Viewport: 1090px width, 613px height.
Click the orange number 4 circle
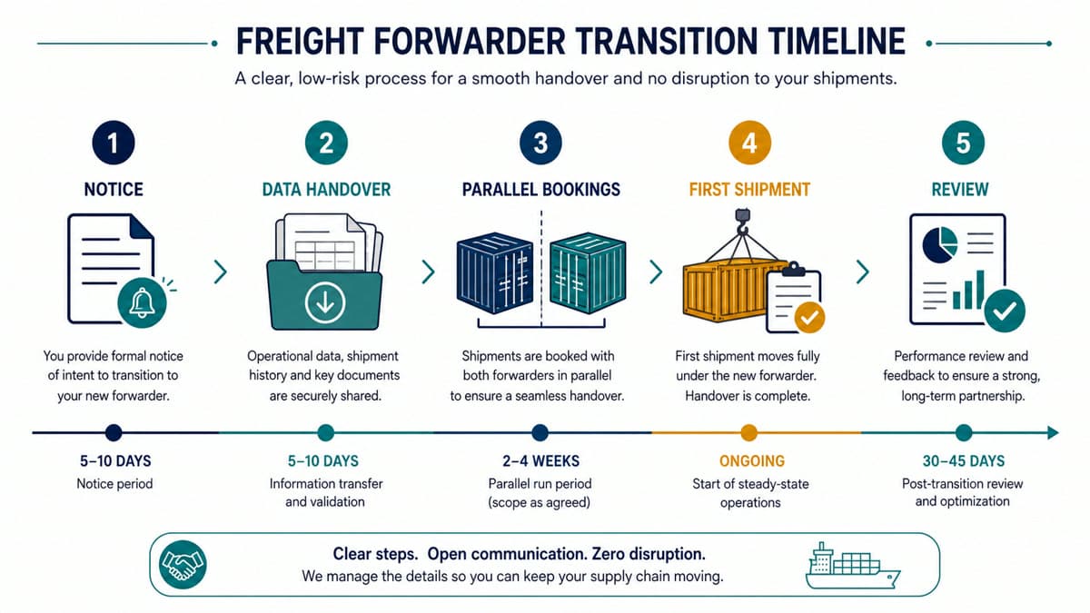coord(749,143)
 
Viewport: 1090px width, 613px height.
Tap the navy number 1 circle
coord(114,143)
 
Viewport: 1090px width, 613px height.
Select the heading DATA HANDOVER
coord(326,189)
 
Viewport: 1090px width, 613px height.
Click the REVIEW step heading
coord(960,189)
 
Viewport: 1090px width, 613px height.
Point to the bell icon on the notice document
coord(142,302)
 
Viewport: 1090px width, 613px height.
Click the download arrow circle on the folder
coord(325,302)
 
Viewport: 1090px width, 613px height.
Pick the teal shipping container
coord(588,272)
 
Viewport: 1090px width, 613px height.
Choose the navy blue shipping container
coord(495,272)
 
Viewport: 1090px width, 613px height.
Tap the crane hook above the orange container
coord(743,222)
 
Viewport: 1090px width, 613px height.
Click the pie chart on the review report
coord(939,244)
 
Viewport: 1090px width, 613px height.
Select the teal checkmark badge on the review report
coord(1005,311)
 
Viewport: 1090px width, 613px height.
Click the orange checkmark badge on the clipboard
coord(809,318)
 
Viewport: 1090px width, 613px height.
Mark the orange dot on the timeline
coord(748,432)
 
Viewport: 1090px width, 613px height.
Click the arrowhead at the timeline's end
coord(1053,432)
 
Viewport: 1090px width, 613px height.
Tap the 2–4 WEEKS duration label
coord(540,460)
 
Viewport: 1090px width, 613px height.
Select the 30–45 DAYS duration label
coord(964,460)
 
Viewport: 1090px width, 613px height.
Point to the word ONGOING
coord(752,460)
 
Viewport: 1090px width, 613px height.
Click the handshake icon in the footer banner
coord(183,565)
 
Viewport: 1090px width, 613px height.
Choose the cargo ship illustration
coord(853,566)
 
